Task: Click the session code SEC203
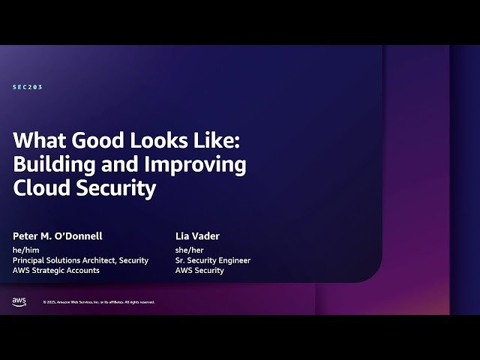(28, 87)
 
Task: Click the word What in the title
(39, 141)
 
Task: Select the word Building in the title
(52, 165)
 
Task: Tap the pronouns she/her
(190, 250)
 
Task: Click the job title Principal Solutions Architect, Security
(81, 260)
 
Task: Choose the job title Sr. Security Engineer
(213, 260)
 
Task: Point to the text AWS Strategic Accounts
(56, 271)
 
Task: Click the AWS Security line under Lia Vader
(199, 271)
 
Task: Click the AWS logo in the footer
(19, 301)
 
